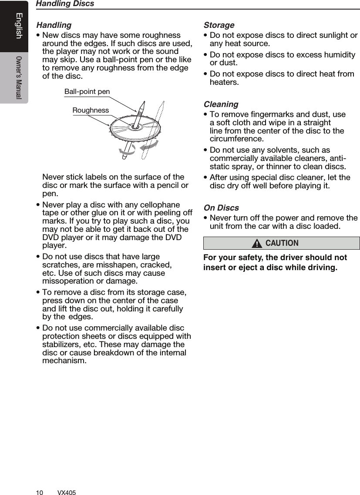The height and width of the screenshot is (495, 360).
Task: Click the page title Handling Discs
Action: [x=65, y=4]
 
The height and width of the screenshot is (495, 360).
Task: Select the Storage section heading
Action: [x=219, y=25]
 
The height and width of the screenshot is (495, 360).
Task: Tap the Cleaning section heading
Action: [x=221, y=104]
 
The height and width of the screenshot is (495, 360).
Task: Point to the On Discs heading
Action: [x=221, y=208]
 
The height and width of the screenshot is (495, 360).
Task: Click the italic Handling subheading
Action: [x=54, y=25]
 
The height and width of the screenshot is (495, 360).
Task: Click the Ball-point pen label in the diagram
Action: [x=87, y=92]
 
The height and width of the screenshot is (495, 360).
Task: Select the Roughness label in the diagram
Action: [x=91, y=110]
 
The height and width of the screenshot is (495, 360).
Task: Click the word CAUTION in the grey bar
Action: [x=282, y=243]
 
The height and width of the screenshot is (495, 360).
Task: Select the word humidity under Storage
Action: [x=337, y=55]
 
